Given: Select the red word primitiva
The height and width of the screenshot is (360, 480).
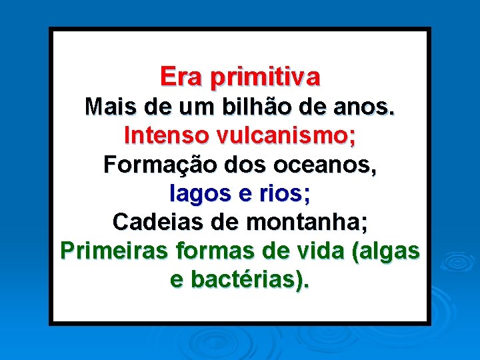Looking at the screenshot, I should (x=265, y=77).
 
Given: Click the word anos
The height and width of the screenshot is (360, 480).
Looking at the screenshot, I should (x=367, y=107).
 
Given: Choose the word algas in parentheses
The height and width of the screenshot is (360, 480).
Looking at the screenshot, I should (x=389, y=252).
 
